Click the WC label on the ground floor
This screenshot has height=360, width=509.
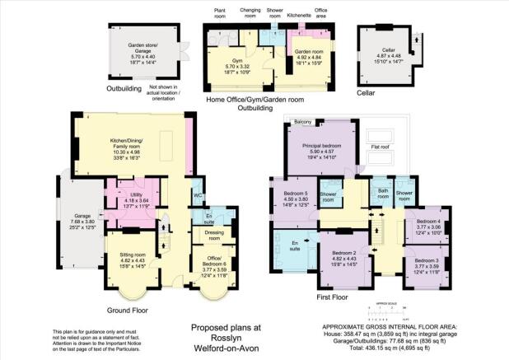[198, 195]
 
